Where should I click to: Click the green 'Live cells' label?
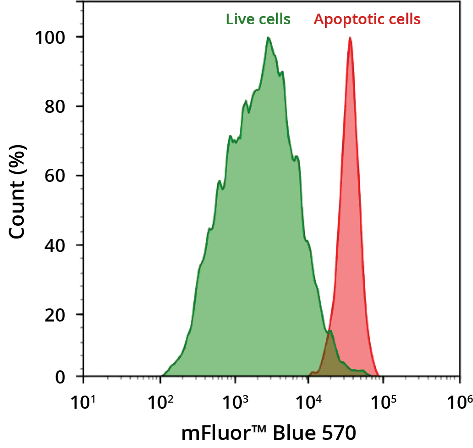click(x=258, y=20)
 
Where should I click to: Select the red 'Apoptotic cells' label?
click(x=367, y=20)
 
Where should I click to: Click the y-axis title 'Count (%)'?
click(x=18, y=191)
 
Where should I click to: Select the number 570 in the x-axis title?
click(x=338, y=432)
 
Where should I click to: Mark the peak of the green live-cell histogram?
click(x=269, y=38)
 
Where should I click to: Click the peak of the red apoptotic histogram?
click(x=349, y=39)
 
